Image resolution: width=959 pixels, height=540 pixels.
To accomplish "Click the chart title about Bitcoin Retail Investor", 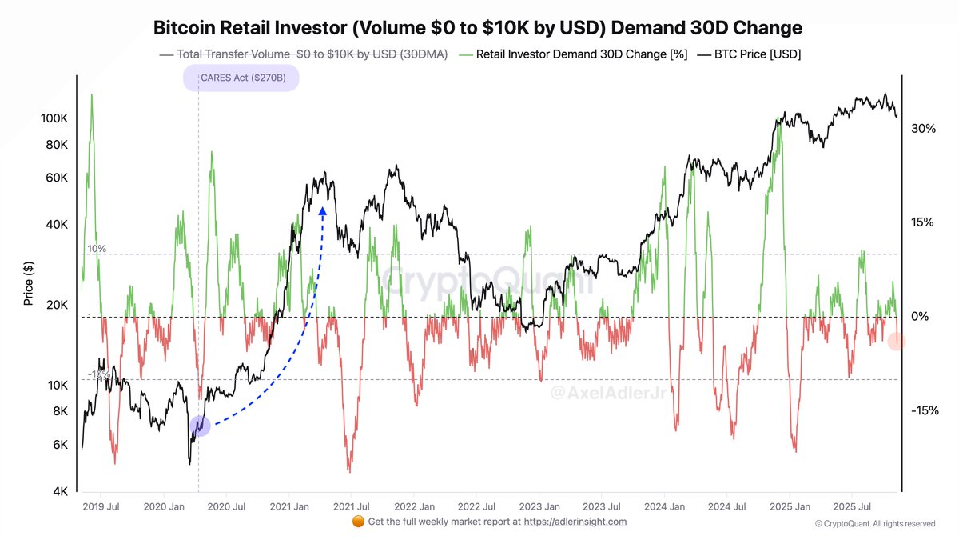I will pyautogui.click(x=477, y=28).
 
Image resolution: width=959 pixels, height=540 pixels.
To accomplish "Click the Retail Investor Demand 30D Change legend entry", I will pyautogui.click(x=575, y=54).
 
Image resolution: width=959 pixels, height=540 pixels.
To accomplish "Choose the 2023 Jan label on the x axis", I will pyautogui.click(x=539, y=506).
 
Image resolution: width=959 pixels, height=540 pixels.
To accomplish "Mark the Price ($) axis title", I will pyautogui.click(x=29, y=283).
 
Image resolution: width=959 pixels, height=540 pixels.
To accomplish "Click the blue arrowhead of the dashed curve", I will pyautogui.click(x=323, y=210).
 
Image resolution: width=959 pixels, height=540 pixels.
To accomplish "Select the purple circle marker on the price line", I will pyautogui.click(x=200, y=426).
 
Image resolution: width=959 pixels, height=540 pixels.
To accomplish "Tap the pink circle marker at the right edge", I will pyautogui.click(x=897, y=342).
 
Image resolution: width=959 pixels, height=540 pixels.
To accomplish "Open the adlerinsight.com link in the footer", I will pyautogui.click(x=575, y=522).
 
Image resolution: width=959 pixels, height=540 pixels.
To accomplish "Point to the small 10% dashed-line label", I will pyautogui.click(x=97, y=249).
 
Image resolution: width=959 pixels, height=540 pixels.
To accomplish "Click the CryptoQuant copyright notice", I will pyautogui.click(x=874, y=524).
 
